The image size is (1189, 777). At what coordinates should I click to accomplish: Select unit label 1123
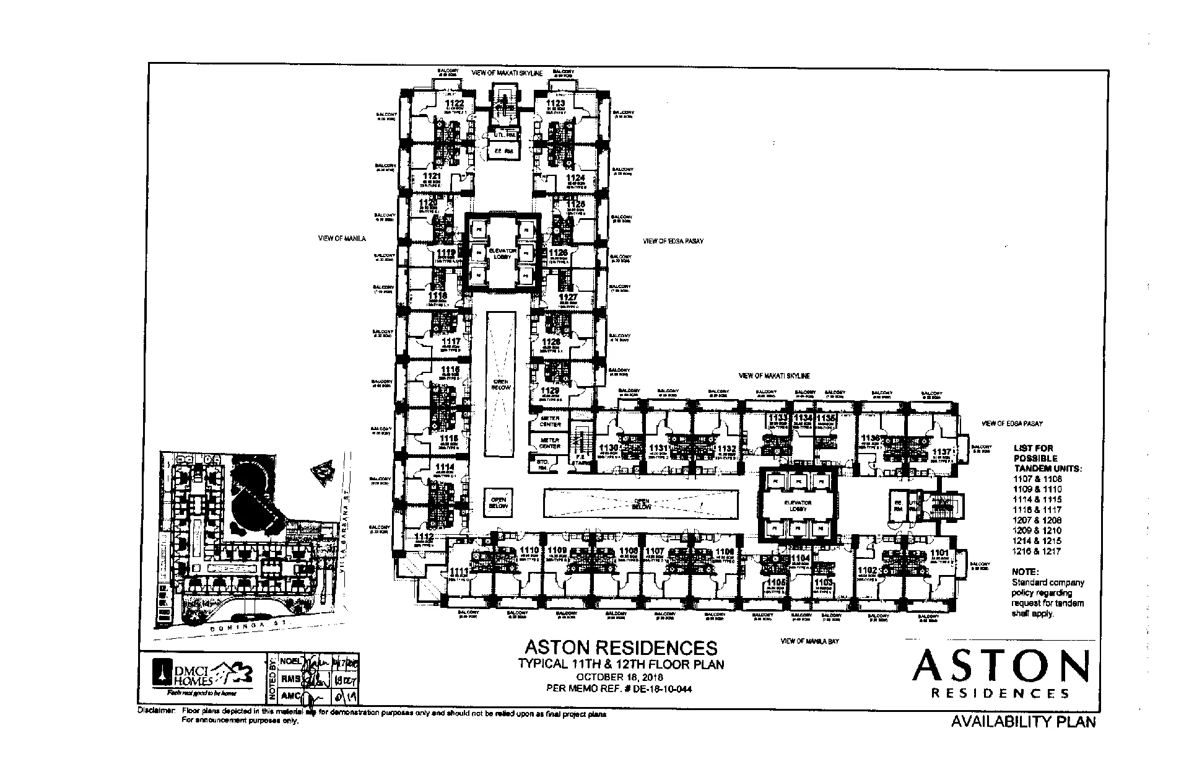click(x=555, y=103)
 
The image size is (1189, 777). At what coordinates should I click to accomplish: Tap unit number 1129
click(x=550, y=390)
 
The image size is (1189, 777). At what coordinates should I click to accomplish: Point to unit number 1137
click(x=941, y=452)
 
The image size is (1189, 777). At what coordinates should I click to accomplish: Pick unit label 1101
click(x=939, y=553)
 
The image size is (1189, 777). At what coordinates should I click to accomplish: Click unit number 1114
click(x=444, y=467)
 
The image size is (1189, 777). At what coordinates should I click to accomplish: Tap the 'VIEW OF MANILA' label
click(x=342, y=238)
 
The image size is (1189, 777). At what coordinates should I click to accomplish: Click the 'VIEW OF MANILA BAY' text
click(x=809, y=641)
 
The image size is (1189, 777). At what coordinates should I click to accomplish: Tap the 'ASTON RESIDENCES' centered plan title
click(x=621, y=648)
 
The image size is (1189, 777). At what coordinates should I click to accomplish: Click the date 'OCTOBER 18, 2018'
click(x=621, y=676)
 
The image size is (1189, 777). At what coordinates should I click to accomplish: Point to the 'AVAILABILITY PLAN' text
click(x=1023, y=722)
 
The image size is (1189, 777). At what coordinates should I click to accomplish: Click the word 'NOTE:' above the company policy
click(x=1025, y=572)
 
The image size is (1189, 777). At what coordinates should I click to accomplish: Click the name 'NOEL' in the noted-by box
click(x=291, y=661)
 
